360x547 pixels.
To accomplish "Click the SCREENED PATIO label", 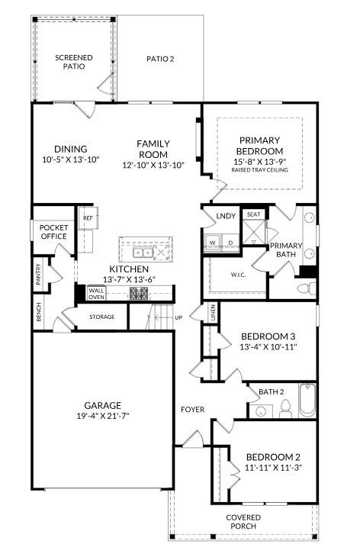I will (x=74, y=62).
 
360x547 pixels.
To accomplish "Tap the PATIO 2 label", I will (x=160, y=58).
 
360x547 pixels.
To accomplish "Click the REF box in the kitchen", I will (x=88, y=218).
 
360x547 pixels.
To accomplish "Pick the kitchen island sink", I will (x=142, y=252).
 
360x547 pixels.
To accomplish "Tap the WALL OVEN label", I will (x=96, y=294).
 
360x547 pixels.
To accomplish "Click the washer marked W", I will (x=213, y=243).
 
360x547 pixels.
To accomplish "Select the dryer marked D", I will (x=230, y=243).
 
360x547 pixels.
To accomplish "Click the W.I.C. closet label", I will (x=238, y=275).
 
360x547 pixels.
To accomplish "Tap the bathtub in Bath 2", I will (x=307, y=401).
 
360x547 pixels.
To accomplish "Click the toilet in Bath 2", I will (x=285, y=409).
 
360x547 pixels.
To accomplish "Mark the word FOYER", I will (x=192, y=410).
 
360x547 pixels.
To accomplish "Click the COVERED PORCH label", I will (x=243, y=523).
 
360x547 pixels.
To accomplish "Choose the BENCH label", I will (x=38, y=312).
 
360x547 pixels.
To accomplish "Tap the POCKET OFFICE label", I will (x=53, y=232).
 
